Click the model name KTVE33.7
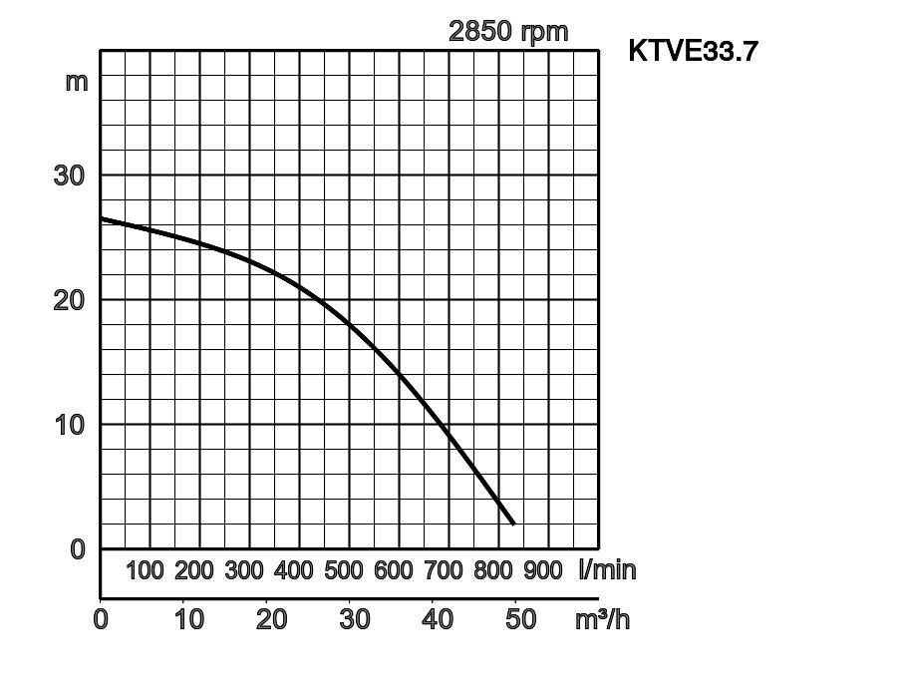point(693,50)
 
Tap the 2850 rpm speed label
point(508,31)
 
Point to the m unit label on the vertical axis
point(77,81)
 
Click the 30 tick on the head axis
point(69,174)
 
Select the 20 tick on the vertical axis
point(69,299)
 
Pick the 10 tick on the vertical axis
point(69,424)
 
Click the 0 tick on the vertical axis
point(78,548)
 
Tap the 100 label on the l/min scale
point(145,570)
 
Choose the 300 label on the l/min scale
point(244,570)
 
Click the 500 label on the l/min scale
point(344,570)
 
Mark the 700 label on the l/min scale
point(444,570)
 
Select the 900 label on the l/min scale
point(543,570)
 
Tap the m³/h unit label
point(603,619)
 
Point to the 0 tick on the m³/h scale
point(101,619)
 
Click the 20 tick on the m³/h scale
point(271,619)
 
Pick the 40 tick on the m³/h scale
point(438,619)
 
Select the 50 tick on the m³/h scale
point(520,619)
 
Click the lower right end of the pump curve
point(513,523)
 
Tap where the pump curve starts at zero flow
point(102,218)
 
